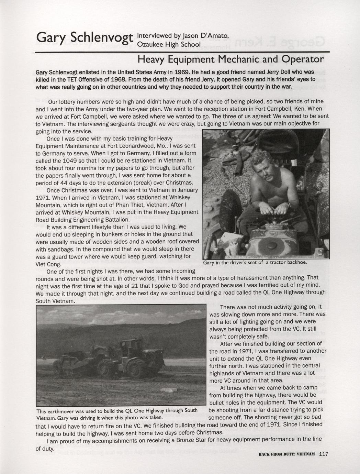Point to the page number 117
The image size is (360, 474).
[x=324, y=454]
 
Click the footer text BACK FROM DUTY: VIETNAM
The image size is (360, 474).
[x=286, y=454]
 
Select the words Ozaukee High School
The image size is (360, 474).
[x=169, y=44]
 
